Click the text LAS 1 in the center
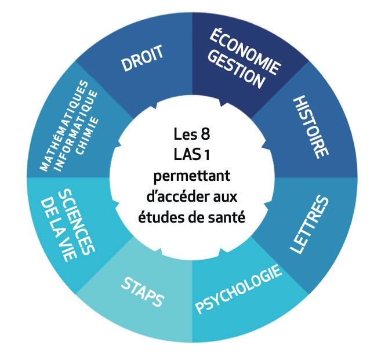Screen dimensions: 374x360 coord(186,155)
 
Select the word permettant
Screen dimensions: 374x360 coord(187,175)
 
